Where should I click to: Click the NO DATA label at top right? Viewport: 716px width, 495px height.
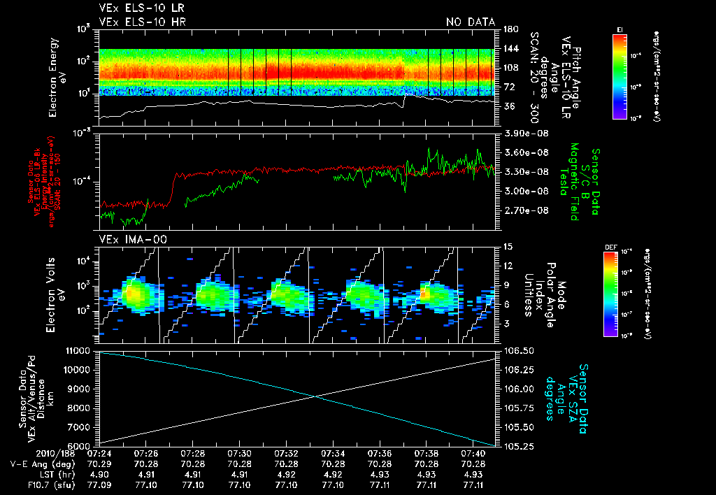(x=471, y=22)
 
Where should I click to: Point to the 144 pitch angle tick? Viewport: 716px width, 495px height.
(x=511, y=49)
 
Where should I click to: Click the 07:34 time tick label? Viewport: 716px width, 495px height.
(x=334, y=453)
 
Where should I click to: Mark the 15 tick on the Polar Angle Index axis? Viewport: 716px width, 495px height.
(x=508, y=246)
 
